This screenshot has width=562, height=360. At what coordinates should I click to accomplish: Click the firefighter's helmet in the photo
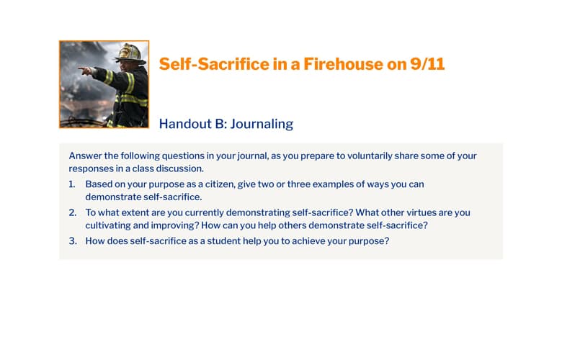(x=131, y=54)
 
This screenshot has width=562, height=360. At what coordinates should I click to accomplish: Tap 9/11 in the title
(x=427, y=64)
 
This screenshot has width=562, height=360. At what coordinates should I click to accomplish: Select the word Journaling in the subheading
(x=262, y=124)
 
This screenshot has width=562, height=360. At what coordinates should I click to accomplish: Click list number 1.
(x=72, y=184)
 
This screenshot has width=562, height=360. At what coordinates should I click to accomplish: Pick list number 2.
(x=73, y=212)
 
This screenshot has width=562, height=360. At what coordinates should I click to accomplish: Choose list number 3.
(x=73, y=240)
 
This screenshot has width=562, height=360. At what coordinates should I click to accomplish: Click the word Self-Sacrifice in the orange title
(x=214, y=64)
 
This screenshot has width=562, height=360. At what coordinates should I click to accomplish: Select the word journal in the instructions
(x=253, y=156)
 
